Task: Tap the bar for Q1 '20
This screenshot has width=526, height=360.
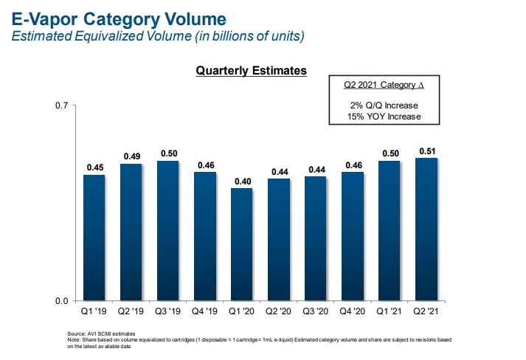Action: point(242,244)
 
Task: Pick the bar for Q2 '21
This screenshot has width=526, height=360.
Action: point(426,229)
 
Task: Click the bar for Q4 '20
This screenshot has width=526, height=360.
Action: point(353,236)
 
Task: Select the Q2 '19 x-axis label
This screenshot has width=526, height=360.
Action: point(131,311)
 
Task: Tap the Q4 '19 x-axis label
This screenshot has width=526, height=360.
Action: point(205,311)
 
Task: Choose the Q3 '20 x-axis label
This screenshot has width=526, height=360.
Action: point(316,311)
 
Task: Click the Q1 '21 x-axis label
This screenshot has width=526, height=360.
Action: point(390,311)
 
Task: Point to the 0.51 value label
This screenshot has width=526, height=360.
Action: point(426,150)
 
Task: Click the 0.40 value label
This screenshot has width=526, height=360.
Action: point(242,181)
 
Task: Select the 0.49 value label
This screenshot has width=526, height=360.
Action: point(131,156)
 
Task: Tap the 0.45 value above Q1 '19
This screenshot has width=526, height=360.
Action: point(94,167)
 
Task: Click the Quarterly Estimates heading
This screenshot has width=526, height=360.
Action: point(251,71)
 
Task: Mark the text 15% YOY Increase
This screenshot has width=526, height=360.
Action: point(384,117)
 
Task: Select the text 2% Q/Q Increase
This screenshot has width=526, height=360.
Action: point(384,105)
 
